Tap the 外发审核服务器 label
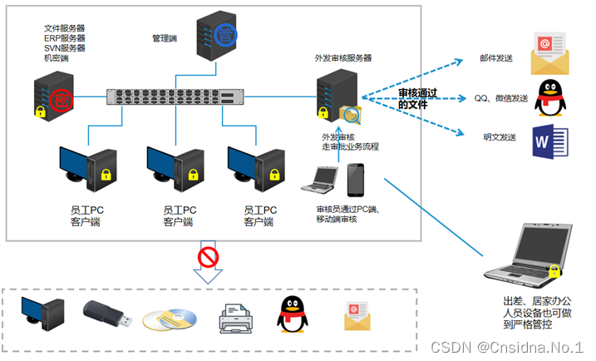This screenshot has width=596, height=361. click(342, 58)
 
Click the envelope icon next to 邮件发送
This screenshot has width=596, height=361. click(549, 52)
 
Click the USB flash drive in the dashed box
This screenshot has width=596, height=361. click(106, 315)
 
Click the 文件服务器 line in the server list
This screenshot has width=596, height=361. click(65, 29)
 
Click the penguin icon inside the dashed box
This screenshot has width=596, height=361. click(288, 315)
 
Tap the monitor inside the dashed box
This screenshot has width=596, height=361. click(42, 314)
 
